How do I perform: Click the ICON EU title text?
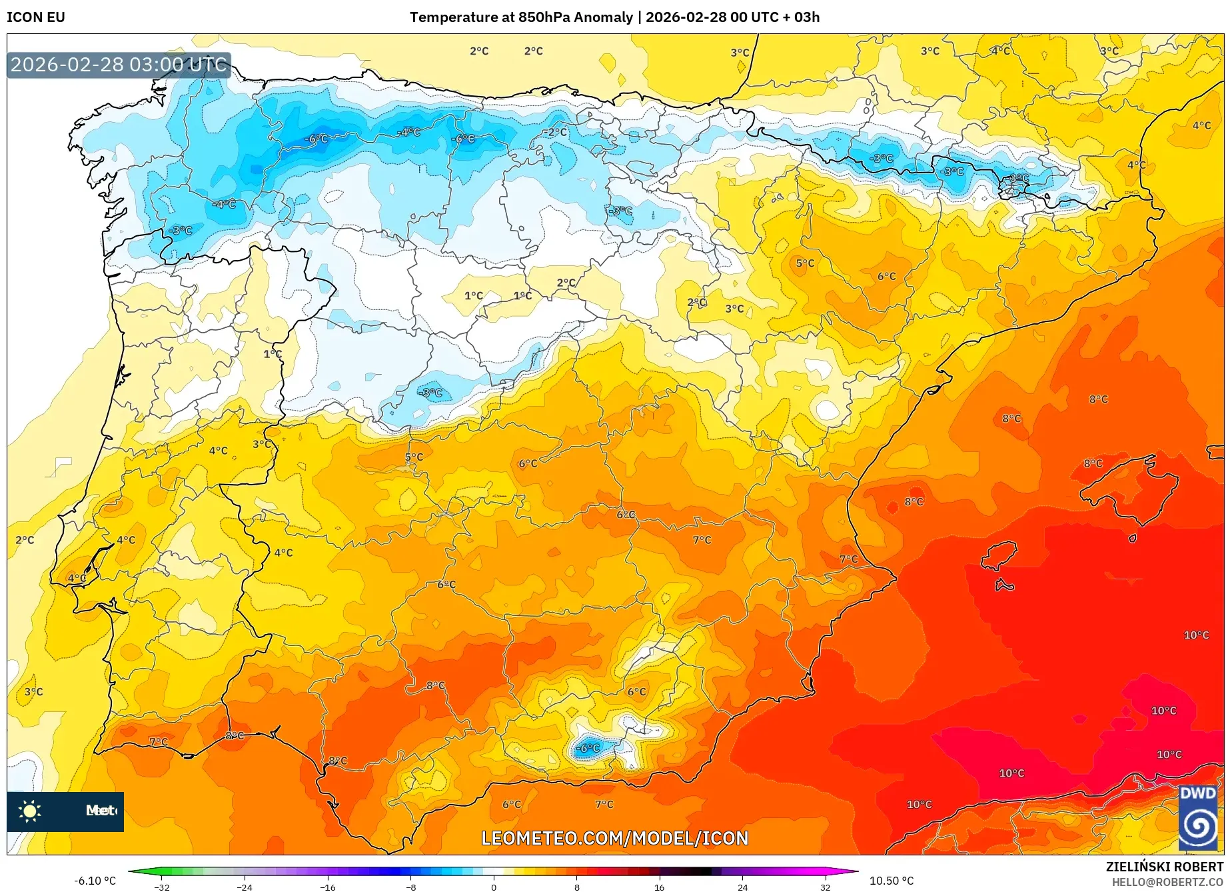coord(36,17)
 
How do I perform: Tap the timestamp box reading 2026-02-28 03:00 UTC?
coord(119,65)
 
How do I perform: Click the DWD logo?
coord(1197,818)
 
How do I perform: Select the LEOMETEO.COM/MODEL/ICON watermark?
coord(614,838)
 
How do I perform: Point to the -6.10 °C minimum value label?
coord(95,881)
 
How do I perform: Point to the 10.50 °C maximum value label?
coord(892,881)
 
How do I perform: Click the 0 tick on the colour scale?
coord(494,887)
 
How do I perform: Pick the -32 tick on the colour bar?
coord(162,887)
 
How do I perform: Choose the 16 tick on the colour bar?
coord(659,887)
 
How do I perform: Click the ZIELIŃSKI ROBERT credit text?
coord(1165,867)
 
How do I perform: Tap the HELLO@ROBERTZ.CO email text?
coord(1167,882)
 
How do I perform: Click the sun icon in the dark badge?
coord(30,811)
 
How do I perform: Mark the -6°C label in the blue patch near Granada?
coord(588,748)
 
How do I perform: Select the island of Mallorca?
coord(1126,483)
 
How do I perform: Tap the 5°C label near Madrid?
coord(414,457)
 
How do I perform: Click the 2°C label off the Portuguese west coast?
coord(25,540)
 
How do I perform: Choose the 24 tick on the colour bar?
coord(742,887)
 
